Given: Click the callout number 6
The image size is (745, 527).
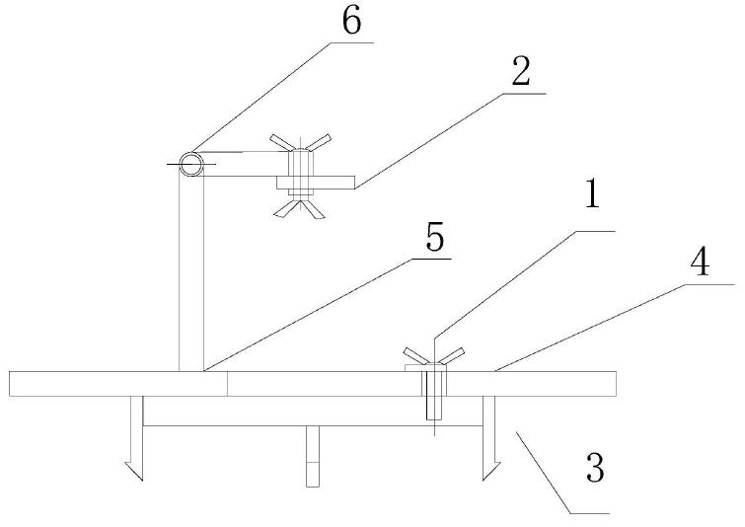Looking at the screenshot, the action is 351,22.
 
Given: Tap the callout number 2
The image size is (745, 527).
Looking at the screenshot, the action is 521,72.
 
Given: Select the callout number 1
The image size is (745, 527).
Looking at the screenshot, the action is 592,193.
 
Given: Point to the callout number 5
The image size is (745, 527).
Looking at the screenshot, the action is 434,238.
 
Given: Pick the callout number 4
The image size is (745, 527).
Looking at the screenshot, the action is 700,263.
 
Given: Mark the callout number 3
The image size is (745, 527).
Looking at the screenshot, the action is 595,468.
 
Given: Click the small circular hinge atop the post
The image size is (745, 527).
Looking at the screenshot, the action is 191,165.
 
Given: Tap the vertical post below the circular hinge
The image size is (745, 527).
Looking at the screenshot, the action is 191,273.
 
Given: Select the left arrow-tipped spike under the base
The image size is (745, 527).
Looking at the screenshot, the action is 135,438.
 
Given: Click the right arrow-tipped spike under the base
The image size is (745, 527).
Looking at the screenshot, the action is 489,438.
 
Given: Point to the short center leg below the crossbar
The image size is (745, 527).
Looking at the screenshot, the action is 313,456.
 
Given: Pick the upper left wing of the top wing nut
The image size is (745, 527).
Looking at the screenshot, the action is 280,142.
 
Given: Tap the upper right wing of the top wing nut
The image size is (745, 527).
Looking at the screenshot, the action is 318,141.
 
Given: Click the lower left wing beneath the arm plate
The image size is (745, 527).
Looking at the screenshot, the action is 287,209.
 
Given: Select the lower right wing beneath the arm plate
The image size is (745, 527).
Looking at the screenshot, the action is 313,209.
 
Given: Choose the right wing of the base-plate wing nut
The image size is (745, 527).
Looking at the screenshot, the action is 452,355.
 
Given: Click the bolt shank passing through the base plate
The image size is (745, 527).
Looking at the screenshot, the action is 434,396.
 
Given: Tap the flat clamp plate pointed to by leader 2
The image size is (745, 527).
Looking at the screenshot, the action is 316,183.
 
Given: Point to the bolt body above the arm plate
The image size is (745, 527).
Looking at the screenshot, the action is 301,163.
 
